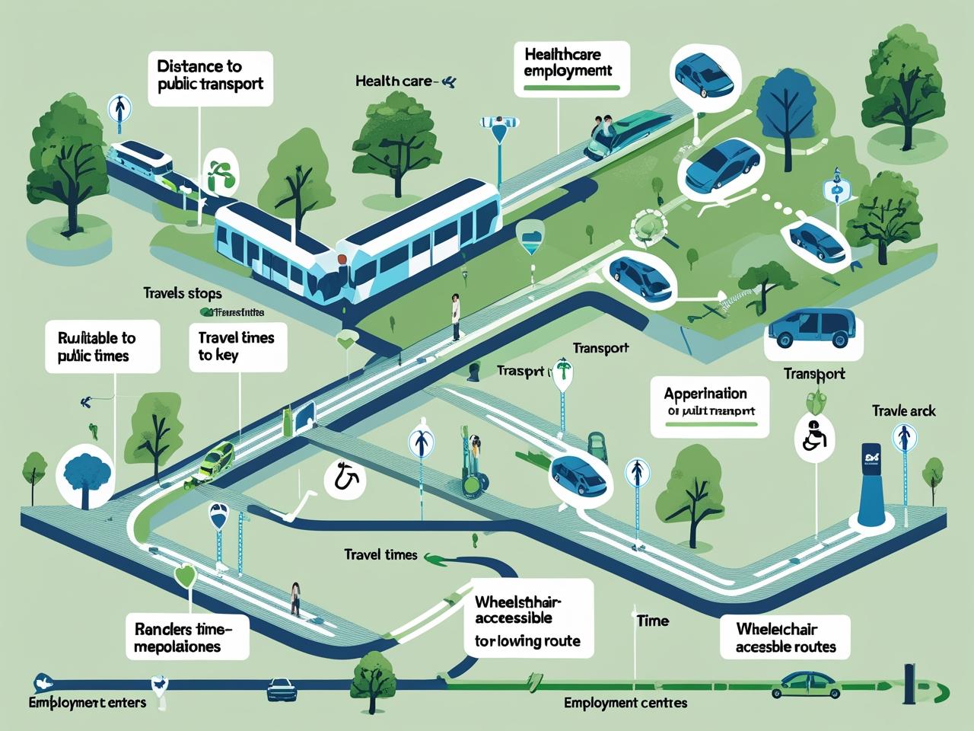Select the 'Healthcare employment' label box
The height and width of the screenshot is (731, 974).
(572, 69)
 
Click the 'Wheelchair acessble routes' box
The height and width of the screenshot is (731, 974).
(785, 638)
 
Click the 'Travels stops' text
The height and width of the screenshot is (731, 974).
(182, 293)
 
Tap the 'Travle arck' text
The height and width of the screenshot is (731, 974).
(903, 411)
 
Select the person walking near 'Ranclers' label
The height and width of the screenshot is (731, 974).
(295, 599)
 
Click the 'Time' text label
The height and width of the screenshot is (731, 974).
(652, 621)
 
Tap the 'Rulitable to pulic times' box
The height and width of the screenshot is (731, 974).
(102, 346)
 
